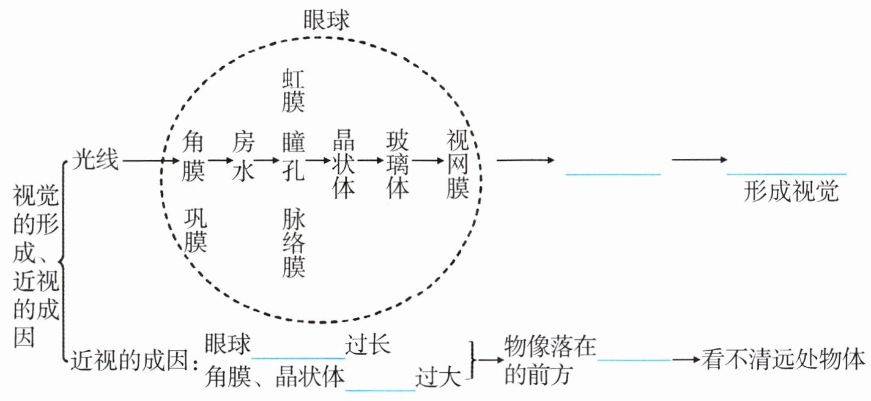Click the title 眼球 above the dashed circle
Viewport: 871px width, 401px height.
click(326, 20)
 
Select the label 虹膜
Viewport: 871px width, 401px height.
click(293, 90)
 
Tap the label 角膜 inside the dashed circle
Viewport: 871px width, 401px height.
click(193, 158)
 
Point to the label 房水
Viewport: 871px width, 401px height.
click(242, 158)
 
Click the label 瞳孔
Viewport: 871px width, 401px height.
click(293, 158)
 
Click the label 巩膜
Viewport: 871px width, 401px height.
click(196, 230)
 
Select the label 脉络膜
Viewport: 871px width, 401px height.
click(294, 243)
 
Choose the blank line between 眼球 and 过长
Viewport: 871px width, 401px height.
click(298, 358)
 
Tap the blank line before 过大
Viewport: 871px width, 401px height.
click(380, 389)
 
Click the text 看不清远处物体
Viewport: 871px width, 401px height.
click(784, 359)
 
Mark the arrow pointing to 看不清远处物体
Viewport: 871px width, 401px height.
click(686, 359)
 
